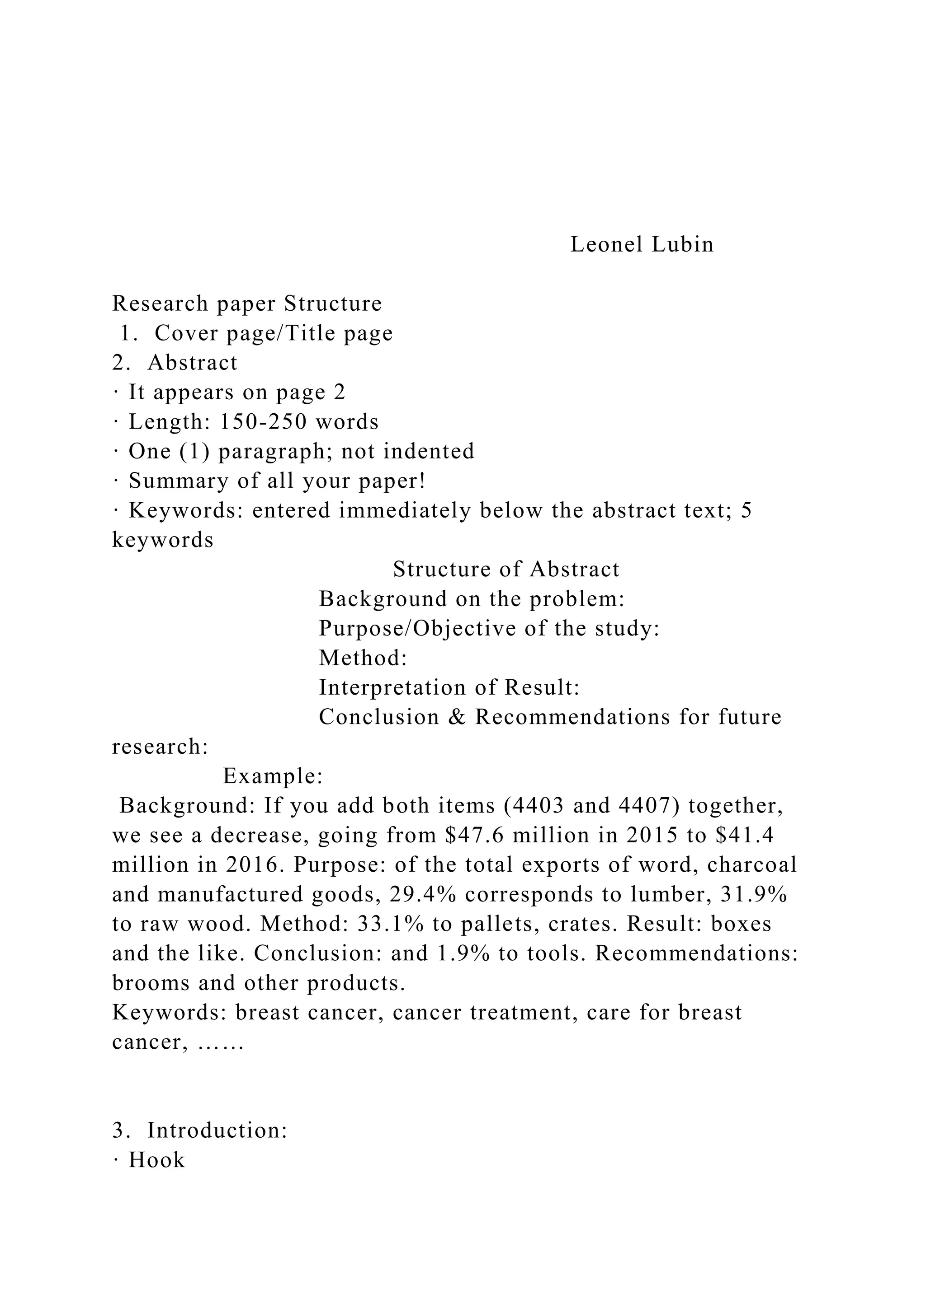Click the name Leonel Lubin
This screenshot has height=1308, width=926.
[642, 245]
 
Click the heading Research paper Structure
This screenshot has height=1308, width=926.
[247, 304]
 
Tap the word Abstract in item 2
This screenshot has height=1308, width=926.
[192, 363]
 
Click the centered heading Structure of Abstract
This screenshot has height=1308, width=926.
[506, 569]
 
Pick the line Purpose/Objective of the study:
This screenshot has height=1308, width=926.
[489, 628]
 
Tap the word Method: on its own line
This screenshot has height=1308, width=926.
[363, 658]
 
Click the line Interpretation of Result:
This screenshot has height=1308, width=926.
[449, 687]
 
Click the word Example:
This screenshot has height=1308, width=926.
[273, 776]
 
